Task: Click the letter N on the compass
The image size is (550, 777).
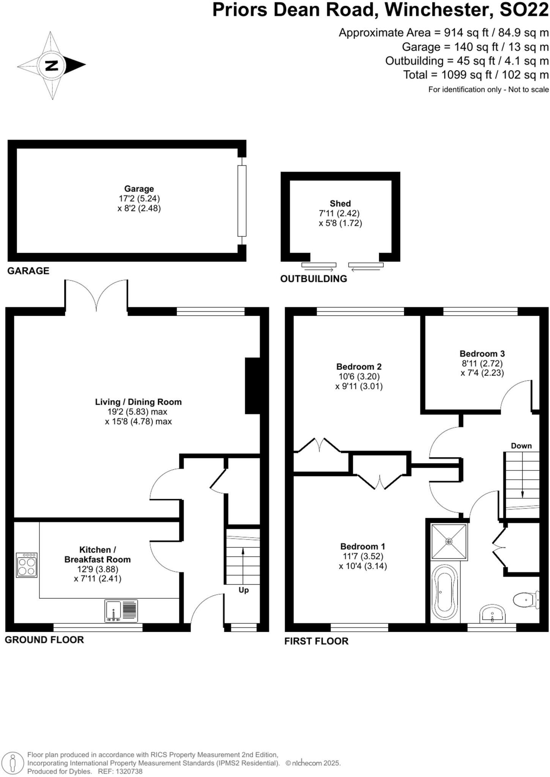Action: point(52,65)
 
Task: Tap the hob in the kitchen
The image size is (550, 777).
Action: point(27,565)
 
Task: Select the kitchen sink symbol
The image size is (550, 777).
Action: point(121,611)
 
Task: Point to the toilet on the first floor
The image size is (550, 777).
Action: point(526,600)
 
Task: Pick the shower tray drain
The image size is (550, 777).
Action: point(449,541)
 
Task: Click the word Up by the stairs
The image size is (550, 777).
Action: point(243,590)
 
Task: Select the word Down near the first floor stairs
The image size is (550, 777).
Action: point(521,446)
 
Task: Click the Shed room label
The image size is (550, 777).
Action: point(340,203)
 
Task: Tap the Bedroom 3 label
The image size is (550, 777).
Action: point(482,354)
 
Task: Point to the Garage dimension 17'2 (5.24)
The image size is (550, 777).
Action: point(139,198)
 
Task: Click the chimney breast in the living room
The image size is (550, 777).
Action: point(252,386)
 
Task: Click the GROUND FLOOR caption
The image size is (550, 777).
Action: point(44,640)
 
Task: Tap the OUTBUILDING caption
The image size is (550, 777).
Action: point(314,279)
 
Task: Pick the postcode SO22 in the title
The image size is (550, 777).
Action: point(524,10)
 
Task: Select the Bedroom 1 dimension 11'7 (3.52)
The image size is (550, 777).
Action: point(362,556)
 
